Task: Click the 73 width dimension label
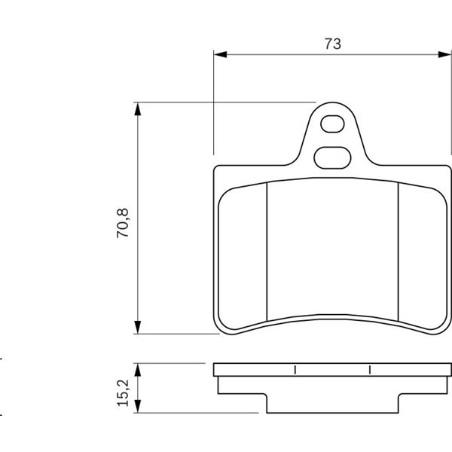tap(333, 44)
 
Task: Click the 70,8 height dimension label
tap(123, 223)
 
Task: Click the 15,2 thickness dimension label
tap(123, 393)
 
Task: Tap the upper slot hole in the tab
tap(332, 124)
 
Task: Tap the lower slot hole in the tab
tap(332, 157)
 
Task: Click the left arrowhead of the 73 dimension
tap(220, 54)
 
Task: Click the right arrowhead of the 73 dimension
tap(444, 54)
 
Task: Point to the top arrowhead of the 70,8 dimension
tap(138, 109)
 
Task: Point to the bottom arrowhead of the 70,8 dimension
tap(138, 327)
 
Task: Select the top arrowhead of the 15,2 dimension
tap(138, 370)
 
